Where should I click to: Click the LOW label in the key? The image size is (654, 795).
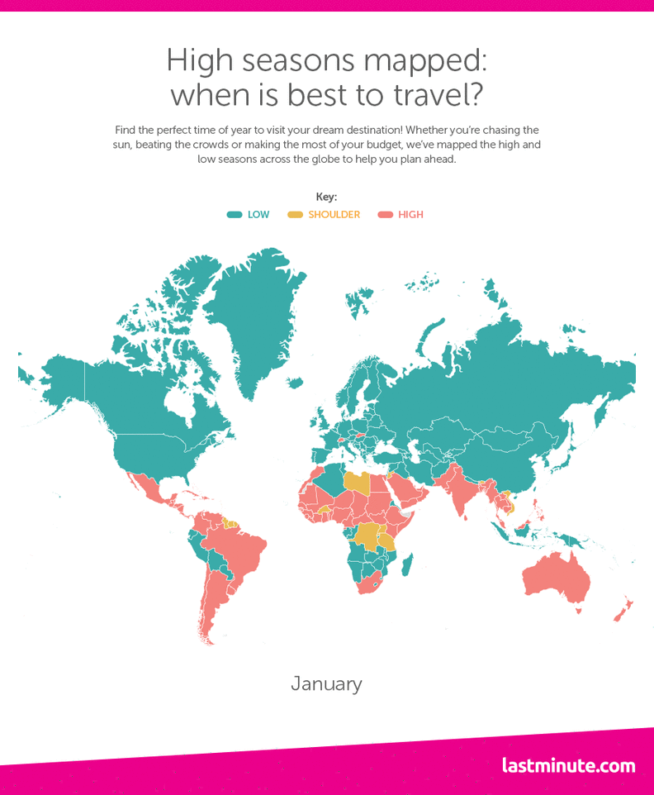258,215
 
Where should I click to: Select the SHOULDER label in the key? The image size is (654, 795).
334,215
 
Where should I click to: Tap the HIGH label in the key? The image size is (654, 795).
410,215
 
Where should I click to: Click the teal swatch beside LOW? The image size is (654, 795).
235,215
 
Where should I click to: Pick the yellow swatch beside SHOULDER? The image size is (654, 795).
296,215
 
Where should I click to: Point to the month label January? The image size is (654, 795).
326,684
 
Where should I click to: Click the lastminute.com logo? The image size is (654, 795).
568,765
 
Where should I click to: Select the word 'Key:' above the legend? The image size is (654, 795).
326,197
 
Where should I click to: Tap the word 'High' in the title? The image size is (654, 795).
196,60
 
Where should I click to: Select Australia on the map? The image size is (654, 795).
557,578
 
